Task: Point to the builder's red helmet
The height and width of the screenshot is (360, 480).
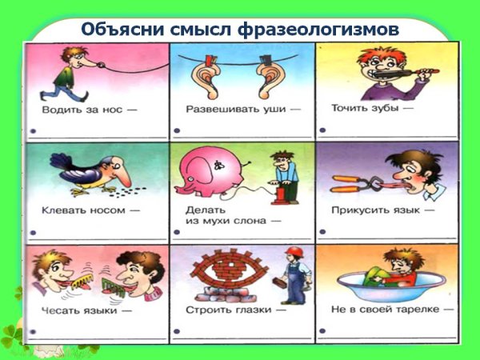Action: pos(294,254)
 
